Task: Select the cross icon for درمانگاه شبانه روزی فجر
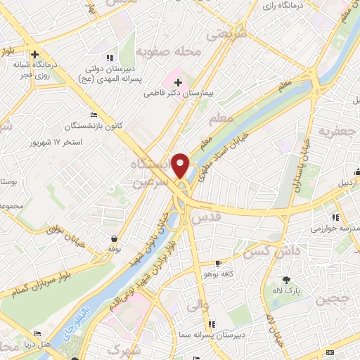point(34,53)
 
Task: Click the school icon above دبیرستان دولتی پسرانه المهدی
point(108,58)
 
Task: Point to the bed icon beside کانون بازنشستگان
point(95,115)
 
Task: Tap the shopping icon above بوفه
point(113,238)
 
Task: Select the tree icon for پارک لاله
point(285,280)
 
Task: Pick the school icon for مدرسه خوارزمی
point(335,217)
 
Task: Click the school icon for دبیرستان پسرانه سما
point(212,323)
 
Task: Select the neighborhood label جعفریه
point(333,131)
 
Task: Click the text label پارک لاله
point(285,290)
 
